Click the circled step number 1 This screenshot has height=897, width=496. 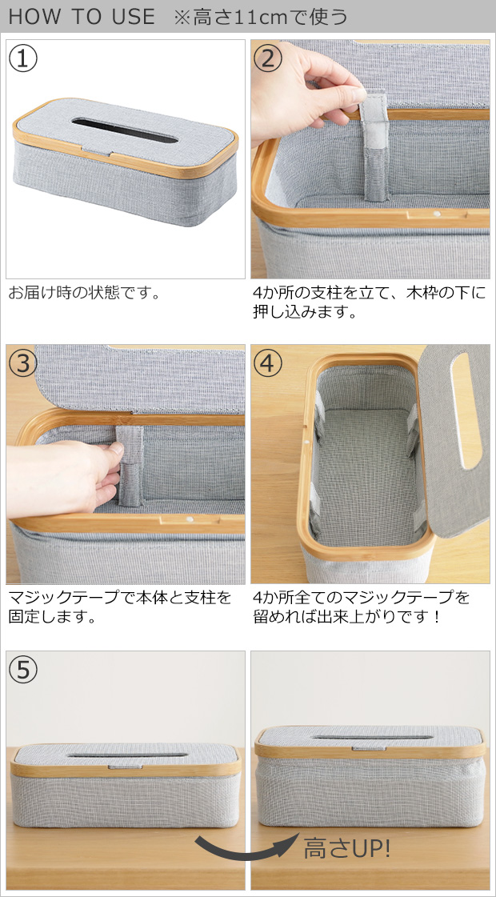coord(23,59)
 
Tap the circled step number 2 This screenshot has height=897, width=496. coord(267,59)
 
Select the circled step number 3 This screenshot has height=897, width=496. coord(23,362)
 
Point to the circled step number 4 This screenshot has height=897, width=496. coord(267,362)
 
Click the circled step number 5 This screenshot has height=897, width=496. coord(23,669)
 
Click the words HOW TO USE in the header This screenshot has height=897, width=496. coord(82,17)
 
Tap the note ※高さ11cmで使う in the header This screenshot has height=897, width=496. coord(261,17)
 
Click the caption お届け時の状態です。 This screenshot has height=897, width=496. coord(83,293)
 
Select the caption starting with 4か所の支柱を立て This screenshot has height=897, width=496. coord(369,302)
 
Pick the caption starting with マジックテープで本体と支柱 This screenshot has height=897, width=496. coord(119,607)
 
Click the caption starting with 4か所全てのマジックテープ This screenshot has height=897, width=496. coord(361,607)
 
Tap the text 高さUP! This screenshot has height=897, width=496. coord(346,849)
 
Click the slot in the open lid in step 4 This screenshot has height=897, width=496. coord(466,410)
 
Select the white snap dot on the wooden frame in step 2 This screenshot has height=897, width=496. coord(437,214)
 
